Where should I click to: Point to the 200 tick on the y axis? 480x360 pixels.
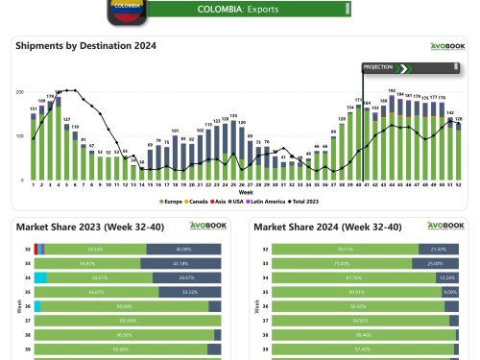pos(20,91)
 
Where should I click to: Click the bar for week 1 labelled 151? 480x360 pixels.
pos(34,146)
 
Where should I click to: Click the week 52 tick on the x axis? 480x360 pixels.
pos(458,185)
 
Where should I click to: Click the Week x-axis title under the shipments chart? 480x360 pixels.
pos(246,192)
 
